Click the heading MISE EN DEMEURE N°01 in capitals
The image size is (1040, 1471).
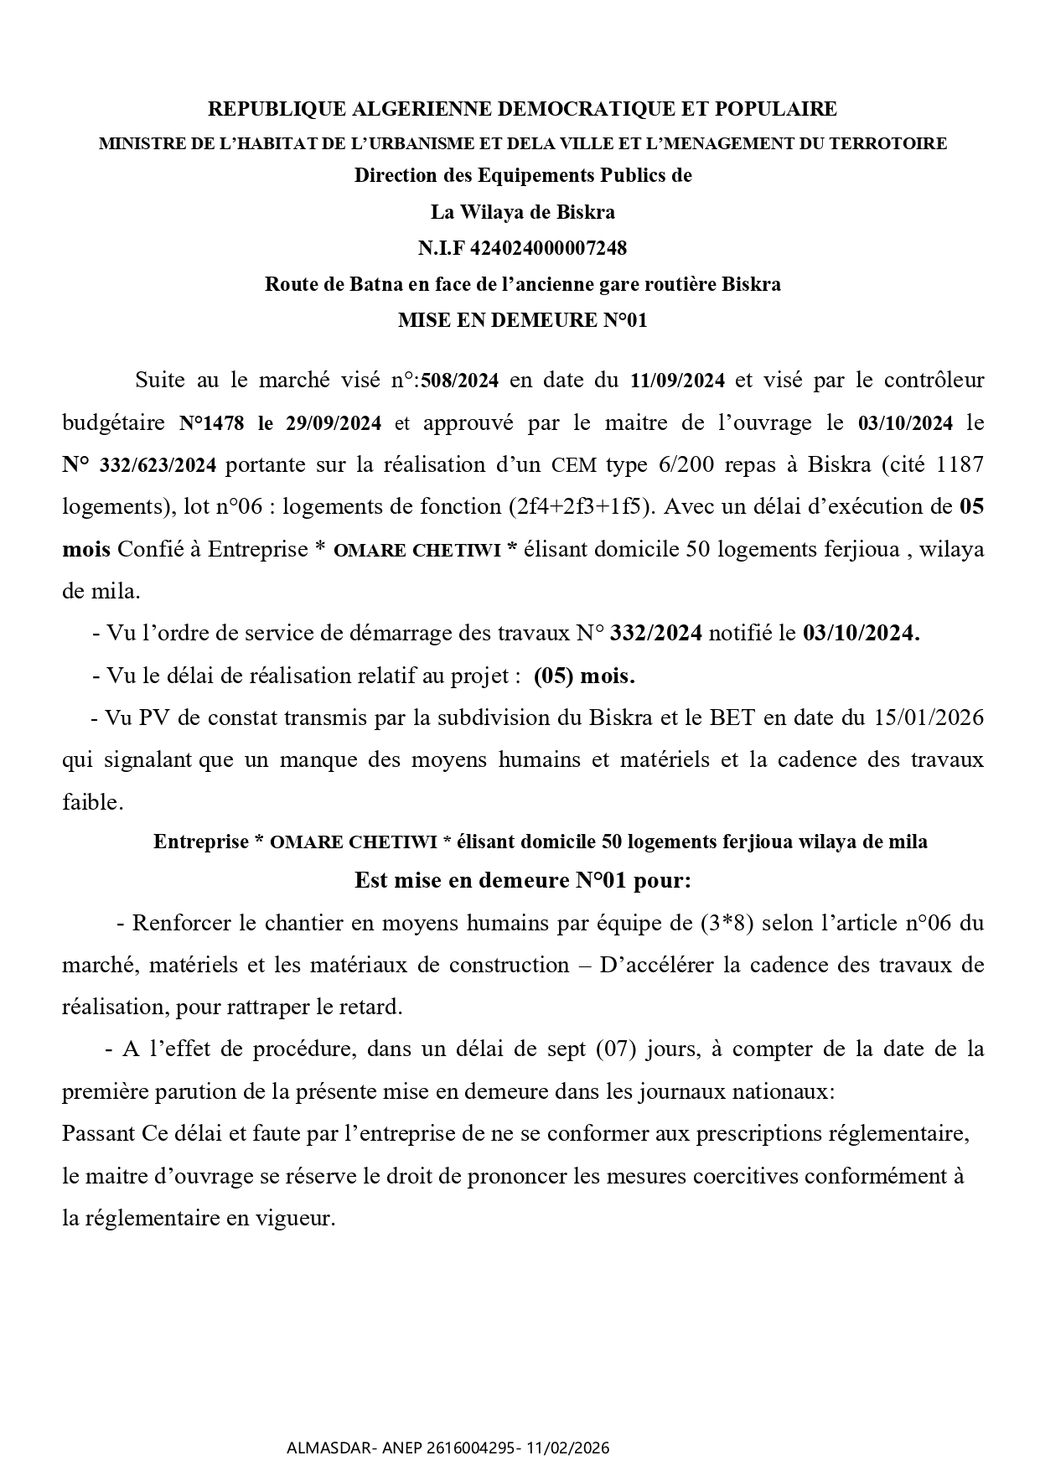[x=522, y=320]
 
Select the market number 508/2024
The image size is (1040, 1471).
[x=460, y=381]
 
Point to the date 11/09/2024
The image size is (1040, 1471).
[x=677, y=381]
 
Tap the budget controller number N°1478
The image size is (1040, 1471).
[x=211, y=423]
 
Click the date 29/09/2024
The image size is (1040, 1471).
[x=334, y=423]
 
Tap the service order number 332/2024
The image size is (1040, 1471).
[x=656, y=634]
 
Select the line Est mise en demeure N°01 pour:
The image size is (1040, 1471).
[x=522, y=881]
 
